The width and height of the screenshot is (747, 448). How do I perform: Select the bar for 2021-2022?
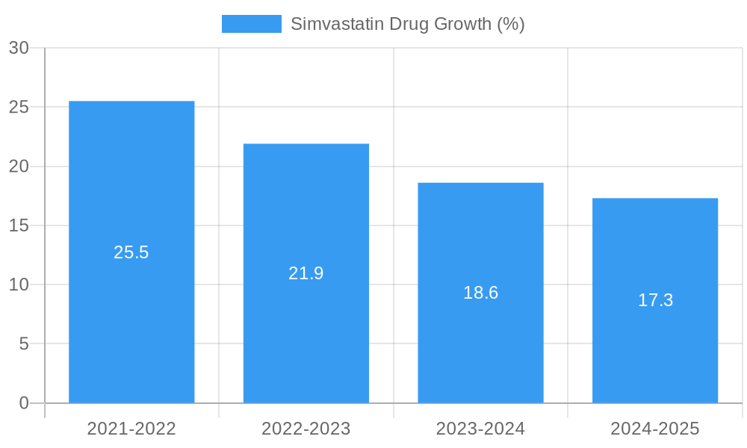131,187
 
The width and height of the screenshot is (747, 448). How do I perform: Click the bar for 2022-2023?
306,209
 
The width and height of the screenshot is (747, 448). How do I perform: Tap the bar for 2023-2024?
480,224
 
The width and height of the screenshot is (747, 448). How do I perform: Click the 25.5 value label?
131,252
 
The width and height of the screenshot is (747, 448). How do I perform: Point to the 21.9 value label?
306,273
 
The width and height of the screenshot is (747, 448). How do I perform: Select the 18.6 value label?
480,293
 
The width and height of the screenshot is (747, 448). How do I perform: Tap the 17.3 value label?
655,300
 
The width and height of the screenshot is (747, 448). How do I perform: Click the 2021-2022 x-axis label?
131,429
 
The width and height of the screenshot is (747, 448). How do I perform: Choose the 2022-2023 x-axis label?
306,429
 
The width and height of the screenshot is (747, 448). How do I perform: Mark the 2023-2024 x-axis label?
480,429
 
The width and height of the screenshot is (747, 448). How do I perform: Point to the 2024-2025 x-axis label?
655,429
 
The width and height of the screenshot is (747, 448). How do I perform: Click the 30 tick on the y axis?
19,48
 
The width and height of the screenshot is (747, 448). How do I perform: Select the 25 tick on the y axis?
19,107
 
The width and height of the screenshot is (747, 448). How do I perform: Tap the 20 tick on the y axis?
19,167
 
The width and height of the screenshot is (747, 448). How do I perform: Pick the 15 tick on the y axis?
19,225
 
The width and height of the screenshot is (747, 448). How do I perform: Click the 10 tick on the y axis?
19,284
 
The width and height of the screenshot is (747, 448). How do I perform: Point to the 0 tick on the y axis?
23,403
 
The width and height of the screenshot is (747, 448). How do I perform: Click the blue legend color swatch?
252,24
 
